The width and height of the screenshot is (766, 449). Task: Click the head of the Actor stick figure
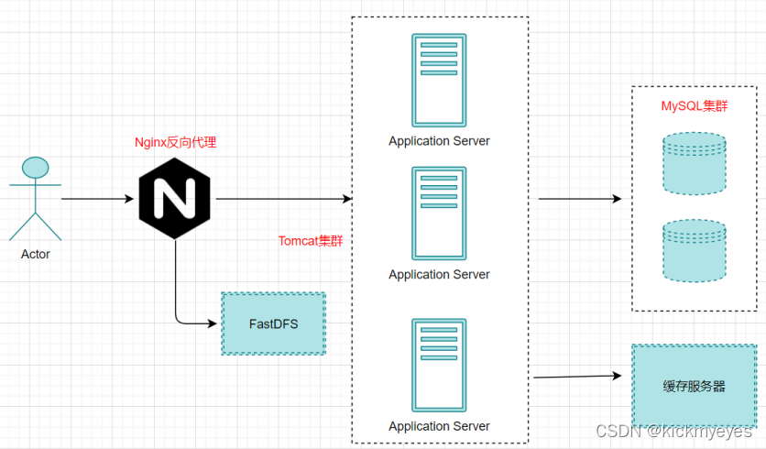[x=35, y=168]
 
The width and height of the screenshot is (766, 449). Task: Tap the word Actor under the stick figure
[x=35, y=254]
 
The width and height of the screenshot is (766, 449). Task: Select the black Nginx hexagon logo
[x=174, y=198]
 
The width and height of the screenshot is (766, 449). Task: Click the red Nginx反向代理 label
[x=175, y=142]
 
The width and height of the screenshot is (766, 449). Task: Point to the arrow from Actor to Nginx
[x=97, y=198]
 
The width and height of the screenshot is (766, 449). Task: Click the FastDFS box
[x=273, y=323]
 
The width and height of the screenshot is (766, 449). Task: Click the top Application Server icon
[x=439, y=81]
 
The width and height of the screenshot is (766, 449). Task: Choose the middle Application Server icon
[x=439, y=214]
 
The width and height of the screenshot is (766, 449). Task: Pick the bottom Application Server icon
[x=439, y=366]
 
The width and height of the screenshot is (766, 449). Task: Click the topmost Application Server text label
[x=439, y=141]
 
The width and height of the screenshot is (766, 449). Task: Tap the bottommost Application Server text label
[x=439, y=426]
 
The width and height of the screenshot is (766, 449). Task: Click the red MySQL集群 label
[x=695, y=105]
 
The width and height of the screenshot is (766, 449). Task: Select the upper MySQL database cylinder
[x=694, y=163]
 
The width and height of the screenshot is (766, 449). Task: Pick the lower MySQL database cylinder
[x=694, y=249]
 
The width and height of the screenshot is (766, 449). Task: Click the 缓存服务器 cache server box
[x=694, y=386]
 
